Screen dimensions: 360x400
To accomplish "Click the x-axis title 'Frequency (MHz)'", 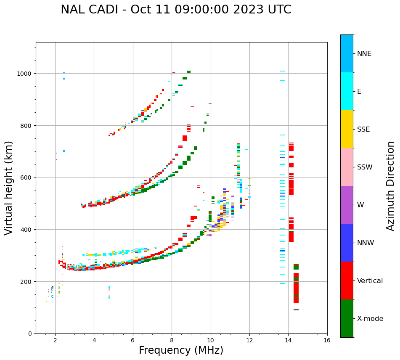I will (181, 350).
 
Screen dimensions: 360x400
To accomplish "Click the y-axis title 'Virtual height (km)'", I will (9, 188).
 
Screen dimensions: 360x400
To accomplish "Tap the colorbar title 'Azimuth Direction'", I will (391, 186).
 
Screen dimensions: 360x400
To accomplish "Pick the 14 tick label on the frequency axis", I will (288, 341).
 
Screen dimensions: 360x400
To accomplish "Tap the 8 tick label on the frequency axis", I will (172, 341).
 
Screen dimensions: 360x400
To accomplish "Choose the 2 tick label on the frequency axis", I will (55, 341).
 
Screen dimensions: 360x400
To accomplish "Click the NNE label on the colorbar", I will (364, 53).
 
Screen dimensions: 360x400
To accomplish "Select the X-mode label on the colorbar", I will (370, 318).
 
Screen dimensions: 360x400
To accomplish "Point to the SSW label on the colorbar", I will (365, 167).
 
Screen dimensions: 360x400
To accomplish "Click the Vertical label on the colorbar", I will (370, 281).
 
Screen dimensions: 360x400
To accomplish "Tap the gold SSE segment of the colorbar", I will (347, 129).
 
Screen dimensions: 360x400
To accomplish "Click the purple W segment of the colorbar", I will (347, 205).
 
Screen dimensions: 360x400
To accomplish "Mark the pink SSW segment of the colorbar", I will (347, 167).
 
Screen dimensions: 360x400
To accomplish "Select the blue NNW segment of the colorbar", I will (347, 243).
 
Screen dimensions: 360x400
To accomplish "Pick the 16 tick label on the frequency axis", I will (327, 341).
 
